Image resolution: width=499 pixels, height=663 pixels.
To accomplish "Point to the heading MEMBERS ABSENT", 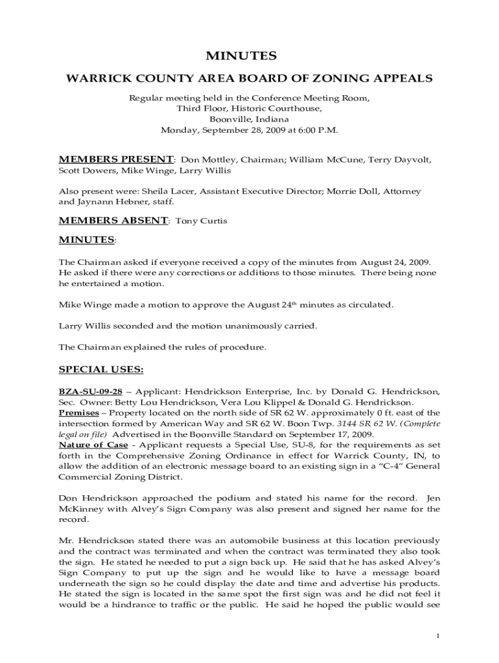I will click(113, 220).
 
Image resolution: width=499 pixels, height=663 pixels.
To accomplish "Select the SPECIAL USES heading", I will click(101, 370).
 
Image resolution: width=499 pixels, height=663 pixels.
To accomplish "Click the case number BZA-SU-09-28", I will click(90, 392).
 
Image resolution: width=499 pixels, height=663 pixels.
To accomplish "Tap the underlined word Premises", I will click(79, 413).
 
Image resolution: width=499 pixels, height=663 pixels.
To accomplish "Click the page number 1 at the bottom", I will click(438, 635).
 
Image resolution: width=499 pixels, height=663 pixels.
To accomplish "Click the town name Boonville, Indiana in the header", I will click(250, 119).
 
